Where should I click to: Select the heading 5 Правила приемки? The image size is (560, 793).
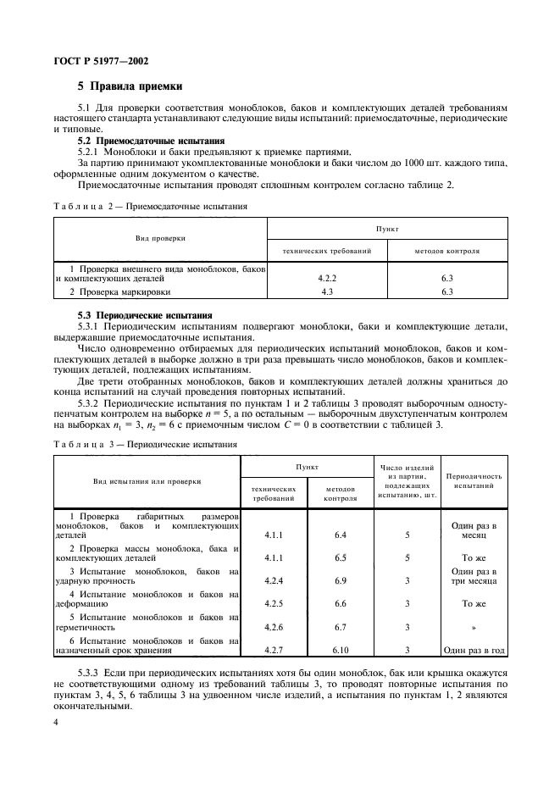[130, 86]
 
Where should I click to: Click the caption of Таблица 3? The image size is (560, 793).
[146, 443]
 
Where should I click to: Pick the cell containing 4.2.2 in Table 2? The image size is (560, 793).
[326, 276]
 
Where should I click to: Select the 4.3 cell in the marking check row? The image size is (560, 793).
[326, 291]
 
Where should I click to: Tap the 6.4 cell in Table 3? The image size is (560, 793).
[341, 535]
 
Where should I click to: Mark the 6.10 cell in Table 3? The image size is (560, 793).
[341, 650]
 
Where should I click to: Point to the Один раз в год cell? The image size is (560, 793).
[474, 650]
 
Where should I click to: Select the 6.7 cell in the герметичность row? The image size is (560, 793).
[341, 627]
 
